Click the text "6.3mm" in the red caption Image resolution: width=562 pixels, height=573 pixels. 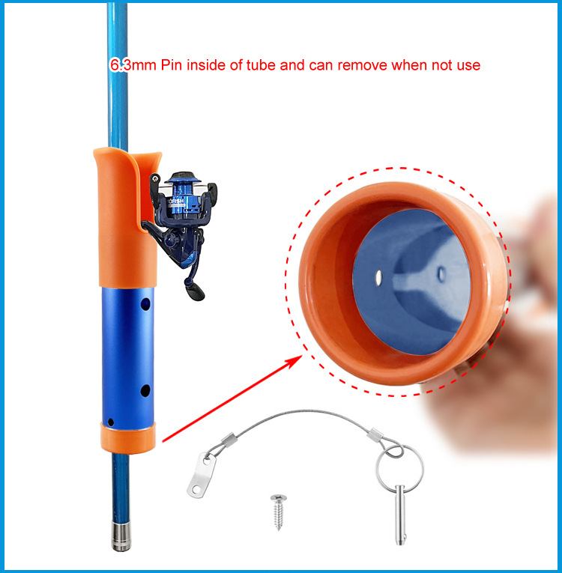pyautogui.click(x=133, y=65)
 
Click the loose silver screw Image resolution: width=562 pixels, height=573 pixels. pyautogui.click(x=279, y=512)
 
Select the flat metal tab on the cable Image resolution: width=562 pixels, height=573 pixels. pyautogui.click(x=202, y=475)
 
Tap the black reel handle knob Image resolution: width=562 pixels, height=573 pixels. pyautogui.click(x=194, y=291)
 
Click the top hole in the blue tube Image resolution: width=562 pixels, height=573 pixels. pyautogui.click(x=145, y=303)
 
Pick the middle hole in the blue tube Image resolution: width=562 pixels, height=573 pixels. pyautogui.click(x=145, y=391)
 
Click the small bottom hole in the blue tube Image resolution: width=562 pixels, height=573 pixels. pyautogui.click(x=111, y=422)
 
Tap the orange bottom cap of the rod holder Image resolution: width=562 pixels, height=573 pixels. pyautogui.click(x=127, y=437)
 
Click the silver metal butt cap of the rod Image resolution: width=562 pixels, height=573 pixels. pyautogui.click(x=121, y=536)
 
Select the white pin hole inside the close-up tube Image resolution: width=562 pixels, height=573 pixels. pyautogui.click(x=378, y=277)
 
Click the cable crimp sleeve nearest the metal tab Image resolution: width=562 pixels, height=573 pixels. pyautogui.click(x=228, y=439)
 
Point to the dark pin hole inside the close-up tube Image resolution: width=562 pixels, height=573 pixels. pyautogui.click(x=441, y=273)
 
